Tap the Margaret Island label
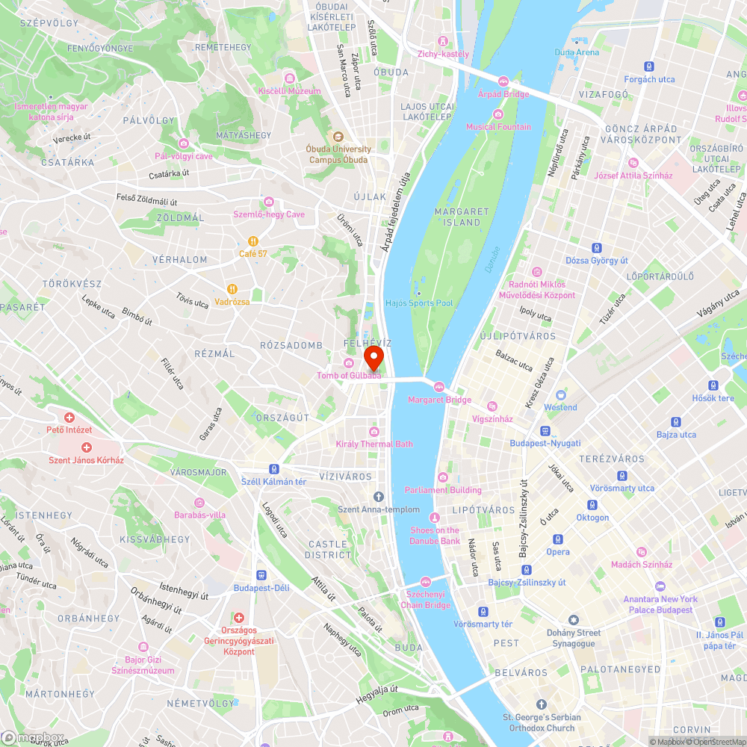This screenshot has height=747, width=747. [462, 217]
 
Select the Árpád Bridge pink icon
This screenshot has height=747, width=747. [503, 81]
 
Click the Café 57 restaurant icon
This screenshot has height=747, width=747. [253, 241]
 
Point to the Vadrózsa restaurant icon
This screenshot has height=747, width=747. [232, 289]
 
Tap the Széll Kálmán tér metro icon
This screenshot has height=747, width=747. [274, 469]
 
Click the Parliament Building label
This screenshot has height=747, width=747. [443, 490]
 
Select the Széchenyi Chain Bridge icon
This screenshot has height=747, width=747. [426, 582]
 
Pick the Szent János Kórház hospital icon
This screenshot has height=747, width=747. [86, 447]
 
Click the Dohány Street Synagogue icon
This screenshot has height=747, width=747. [574, 621]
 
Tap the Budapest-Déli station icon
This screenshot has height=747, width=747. [261, 575]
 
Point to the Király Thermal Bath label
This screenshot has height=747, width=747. [374, 444]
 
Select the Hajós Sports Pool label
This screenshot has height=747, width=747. [418, 303]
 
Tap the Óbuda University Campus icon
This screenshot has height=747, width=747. [338, 136]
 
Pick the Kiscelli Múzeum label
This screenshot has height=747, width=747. [289, 91]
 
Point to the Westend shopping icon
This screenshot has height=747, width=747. [560, 395]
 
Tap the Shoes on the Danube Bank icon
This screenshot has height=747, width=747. [434, 518]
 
